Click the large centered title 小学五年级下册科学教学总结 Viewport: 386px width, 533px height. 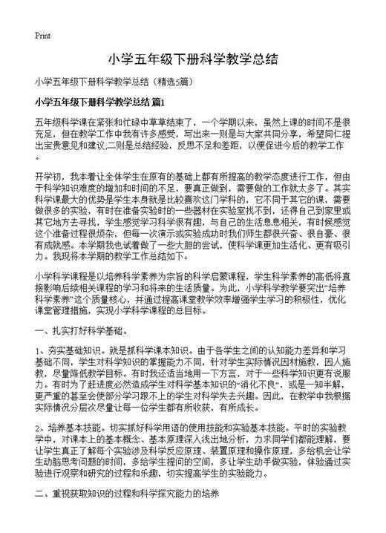[x=193, y=59]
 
